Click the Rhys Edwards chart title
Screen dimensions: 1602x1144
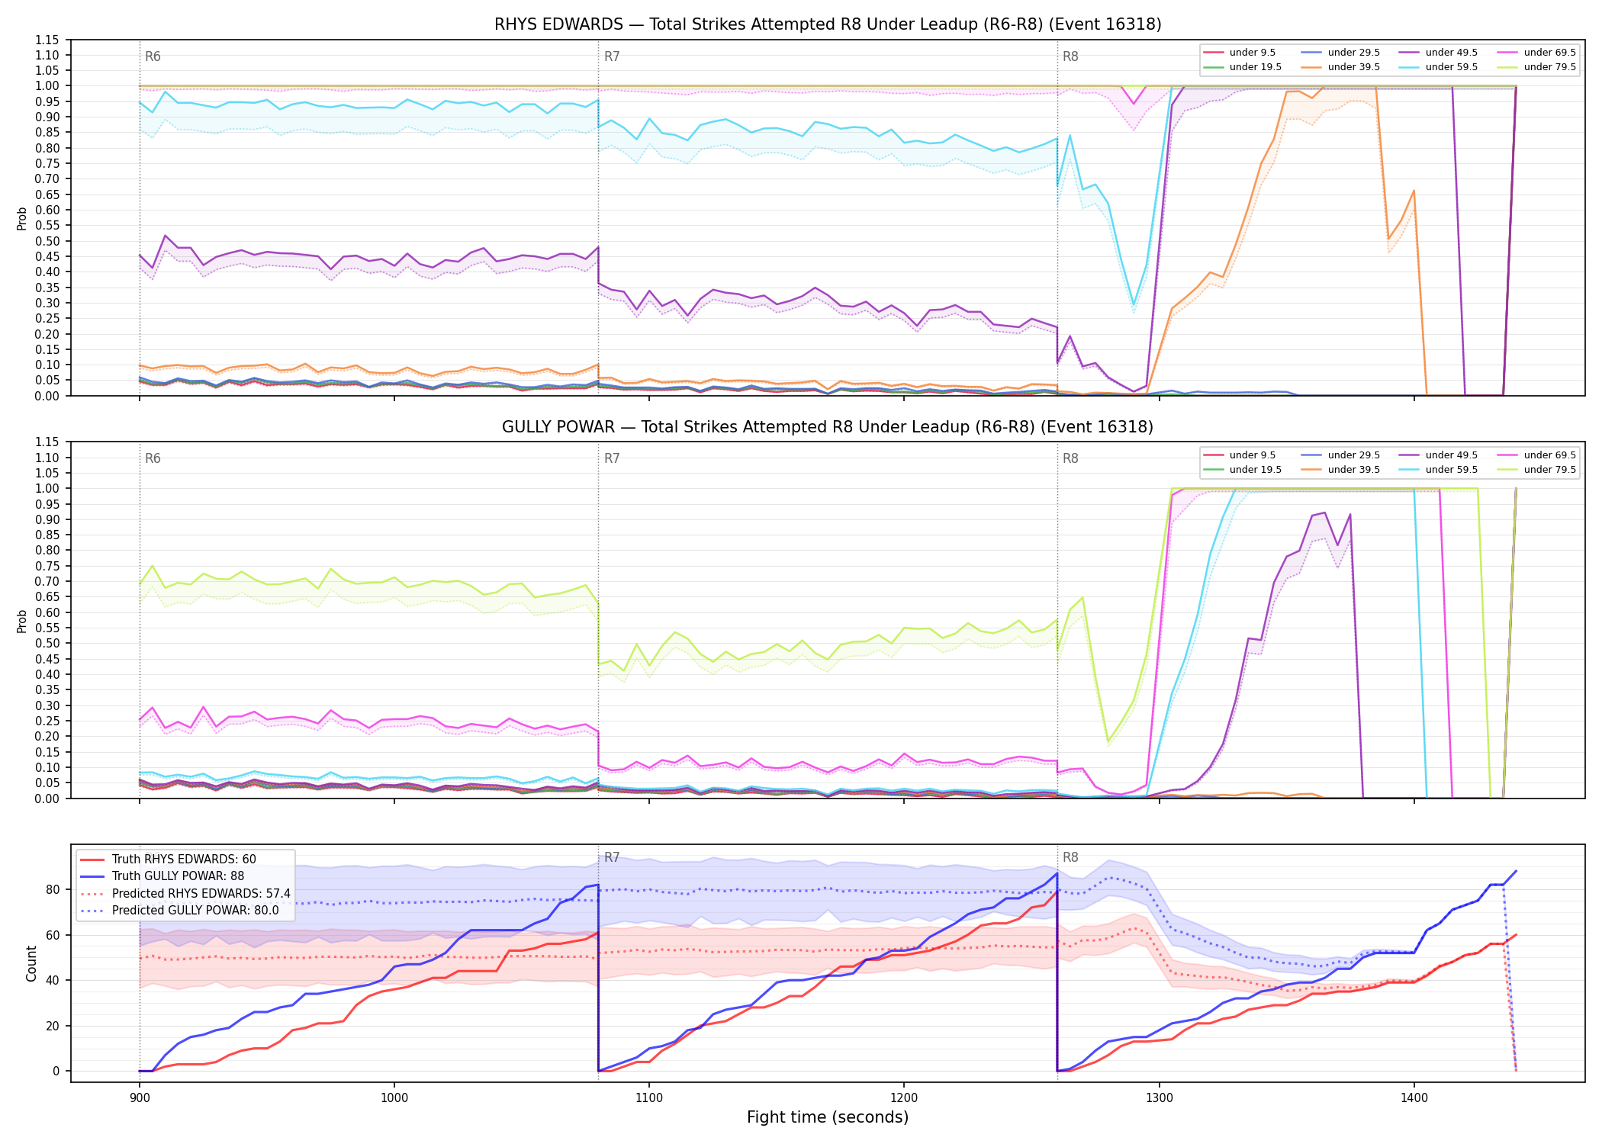[x=828, y=24]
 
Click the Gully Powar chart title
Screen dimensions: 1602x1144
[x=828, y=427]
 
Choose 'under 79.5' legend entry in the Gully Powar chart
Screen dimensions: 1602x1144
[x=1549, y=470]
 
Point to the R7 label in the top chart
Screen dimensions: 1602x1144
[x=612, y=56]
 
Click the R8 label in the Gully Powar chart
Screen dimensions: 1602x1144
[x=1070, y=458]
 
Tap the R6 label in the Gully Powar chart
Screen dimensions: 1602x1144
[x=153, y=458]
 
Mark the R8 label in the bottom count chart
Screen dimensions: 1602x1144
[x=1070, y=857]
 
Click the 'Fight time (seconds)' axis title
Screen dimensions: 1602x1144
[x=828, y=1117]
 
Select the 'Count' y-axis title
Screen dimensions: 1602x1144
[x=31, y=963]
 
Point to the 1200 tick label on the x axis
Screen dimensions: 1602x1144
[x=904, y=1097]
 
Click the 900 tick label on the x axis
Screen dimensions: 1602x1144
[x=139, y=1097]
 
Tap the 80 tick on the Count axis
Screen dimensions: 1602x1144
[x=53, y=889]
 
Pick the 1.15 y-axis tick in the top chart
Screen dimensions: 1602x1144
[x=48, y=40]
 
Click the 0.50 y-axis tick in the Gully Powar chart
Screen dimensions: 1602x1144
[x=48, y=643]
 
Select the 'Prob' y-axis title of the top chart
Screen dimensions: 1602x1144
[x=22, y=218]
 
